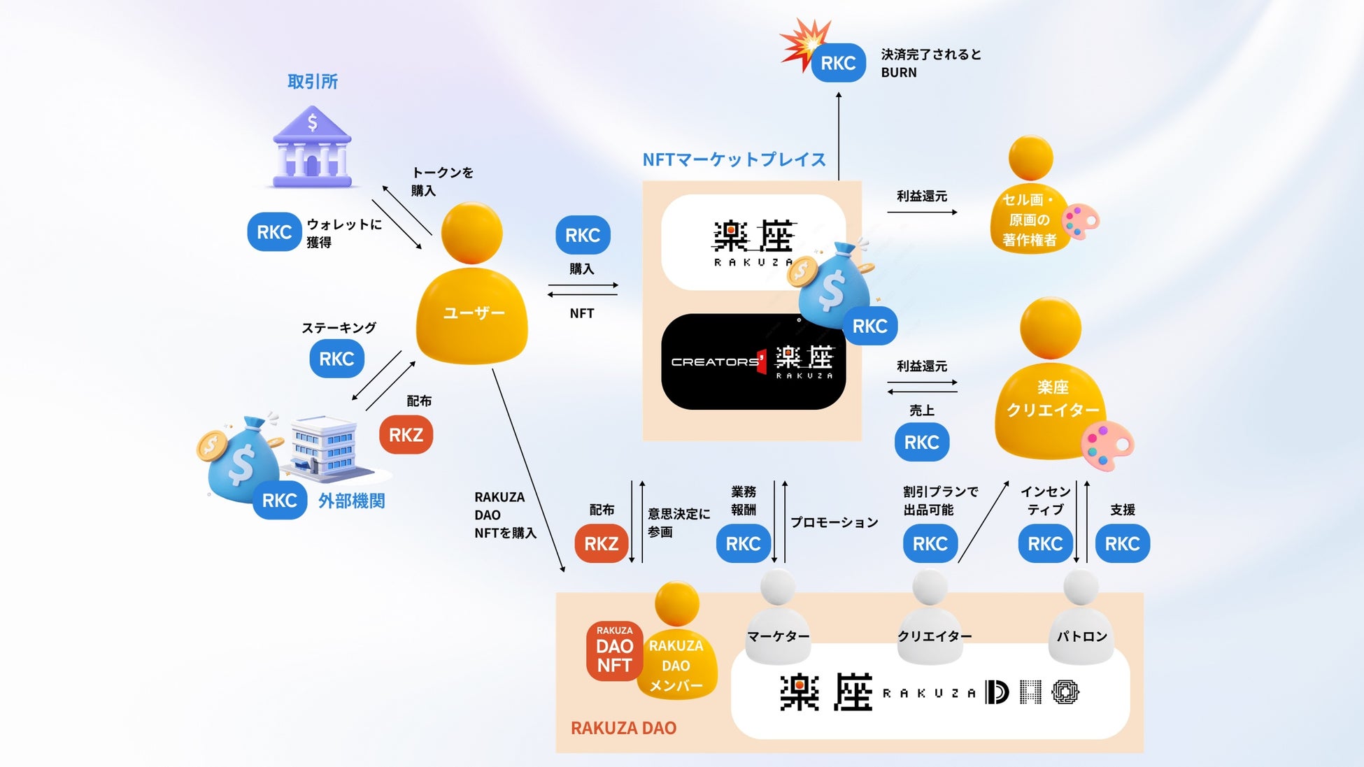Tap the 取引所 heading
tap(313, 82)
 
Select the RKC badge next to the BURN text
tap(838, 63)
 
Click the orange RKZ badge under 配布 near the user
tap(406, 435)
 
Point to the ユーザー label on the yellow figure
tap(474, 313)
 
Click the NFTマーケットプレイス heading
tap(734, 159)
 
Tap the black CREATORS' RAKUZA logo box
tap(753, 361)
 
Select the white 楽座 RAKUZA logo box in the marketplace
tap(753, 242)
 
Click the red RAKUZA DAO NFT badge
tap(614, 651)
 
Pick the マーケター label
tap(778, 636)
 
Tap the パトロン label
tap(1081, 636)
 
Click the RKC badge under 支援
tap(1122, 543)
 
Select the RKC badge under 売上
tap(921, 442)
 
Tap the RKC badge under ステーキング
tap(336, 359)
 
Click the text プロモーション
tap(834, 522)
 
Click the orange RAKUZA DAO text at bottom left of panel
tap(623, 728)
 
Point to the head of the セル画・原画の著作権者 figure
tap(1030, 158)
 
